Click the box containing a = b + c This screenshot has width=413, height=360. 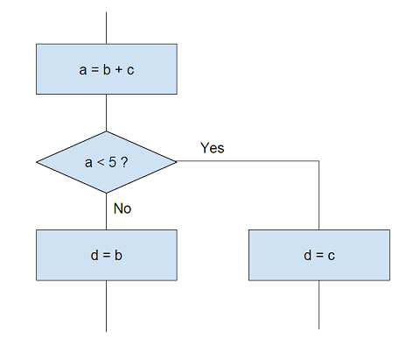[x=107, y=69]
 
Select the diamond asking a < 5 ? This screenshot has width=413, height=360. [x=107, y=162]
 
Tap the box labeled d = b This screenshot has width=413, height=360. [x=107, y=255]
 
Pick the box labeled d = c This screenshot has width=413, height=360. [x=319, y=255]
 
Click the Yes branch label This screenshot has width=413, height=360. [x=213, y=148]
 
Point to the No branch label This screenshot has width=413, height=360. [x=122, y=208]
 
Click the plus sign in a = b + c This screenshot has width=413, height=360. [x=119, y=70]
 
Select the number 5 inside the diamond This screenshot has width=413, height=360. [x=112, y=162]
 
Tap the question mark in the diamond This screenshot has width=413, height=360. [x=124, y=162]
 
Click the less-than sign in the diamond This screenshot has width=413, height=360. [x=101, y=163]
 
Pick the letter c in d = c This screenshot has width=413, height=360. [x=331, y=256]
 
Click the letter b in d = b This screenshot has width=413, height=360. [x=118, y=255]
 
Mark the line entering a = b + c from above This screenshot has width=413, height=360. [x=106, y=28]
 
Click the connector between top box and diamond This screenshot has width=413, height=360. [x=106, y=113]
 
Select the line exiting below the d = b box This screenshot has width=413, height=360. [x=106, y=307]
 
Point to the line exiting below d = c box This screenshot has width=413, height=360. [x=318, y=305]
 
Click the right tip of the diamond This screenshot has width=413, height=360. [x=177, y=161]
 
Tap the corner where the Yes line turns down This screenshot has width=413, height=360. [x=318, y=161]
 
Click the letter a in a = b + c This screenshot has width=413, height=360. [x=83, y=70]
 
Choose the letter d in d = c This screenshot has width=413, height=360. [x=307, y=255]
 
